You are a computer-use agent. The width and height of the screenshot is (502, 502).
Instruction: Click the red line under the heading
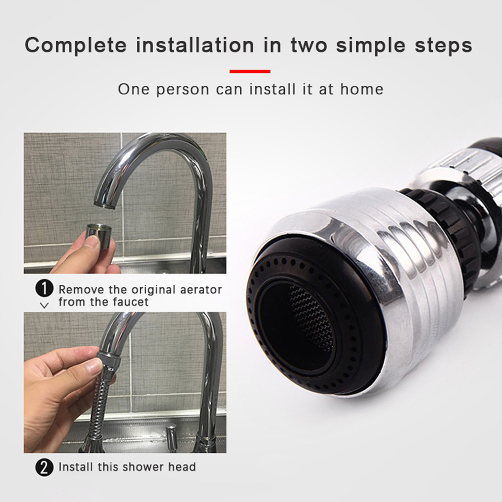tap(250, 72)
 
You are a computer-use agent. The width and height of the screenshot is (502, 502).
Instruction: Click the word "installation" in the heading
tap(195, 45)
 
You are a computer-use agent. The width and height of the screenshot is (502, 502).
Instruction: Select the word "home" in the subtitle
tap(362, 89)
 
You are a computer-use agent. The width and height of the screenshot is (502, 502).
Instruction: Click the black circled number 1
tap(44, 289)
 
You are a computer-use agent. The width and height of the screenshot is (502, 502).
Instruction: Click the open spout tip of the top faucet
tap(104, 205)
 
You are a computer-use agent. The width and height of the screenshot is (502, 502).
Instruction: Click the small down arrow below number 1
tap(45, 305)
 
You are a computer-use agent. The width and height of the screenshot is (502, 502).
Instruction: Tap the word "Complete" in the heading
tap(76, 46)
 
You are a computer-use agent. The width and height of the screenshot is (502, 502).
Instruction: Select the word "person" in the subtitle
tap(183, 90)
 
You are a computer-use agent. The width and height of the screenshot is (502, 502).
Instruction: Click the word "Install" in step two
tap(76, 467)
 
